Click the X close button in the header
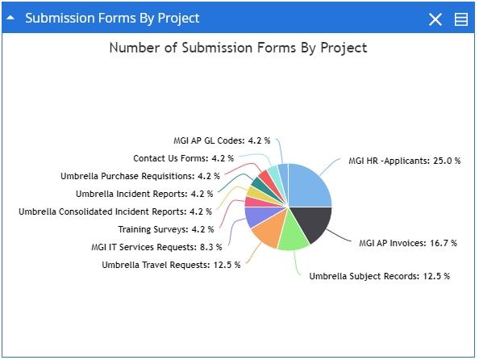tap(435, 19)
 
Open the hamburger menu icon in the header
tap(461, 19)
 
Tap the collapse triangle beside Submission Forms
tap(10, 18)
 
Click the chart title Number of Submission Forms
tap(238, 48)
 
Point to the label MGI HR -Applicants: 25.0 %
tap(405, 161)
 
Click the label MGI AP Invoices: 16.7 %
tap(408, 243)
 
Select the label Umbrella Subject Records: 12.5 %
tap(380, 276)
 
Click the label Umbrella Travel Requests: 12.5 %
tap(171, 265)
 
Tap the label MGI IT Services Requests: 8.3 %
tap(156, 247)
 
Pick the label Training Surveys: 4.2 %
tap(166, 229)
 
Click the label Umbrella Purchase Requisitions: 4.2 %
tap(140, 176)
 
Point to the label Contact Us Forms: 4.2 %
tap(183, 158)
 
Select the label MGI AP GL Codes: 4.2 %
tap(222, 140)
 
